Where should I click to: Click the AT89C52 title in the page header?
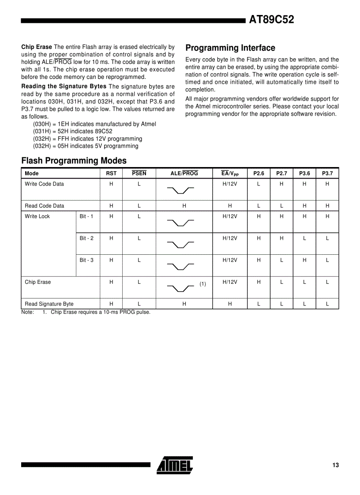271,19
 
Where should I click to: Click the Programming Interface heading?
230,48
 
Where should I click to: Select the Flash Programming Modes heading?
74,161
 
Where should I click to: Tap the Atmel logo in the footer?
175,465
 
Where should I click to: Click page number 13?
335,465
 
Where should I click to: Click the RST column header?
111,174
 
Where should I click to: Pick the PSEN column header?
139,174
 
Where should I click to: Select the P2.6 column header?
259,174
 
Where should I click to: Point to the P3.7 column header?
327,174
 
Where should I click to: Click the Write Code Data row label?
44,184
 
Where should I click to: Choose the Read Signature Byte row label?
49,304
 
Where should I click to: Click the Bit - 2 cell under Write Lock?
86,238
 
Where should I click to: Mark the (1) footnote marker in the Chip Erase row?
202,284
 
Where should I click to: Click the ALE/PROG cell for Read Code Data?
184,206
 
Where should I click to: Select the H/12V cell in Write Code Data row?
230,184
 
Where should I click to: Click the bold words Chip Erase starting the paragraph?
37,47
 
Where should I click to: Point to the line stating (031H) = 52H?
72,131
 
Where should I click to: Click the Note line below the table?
86,313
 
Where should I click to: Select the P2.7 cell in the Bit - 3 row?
281,260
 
